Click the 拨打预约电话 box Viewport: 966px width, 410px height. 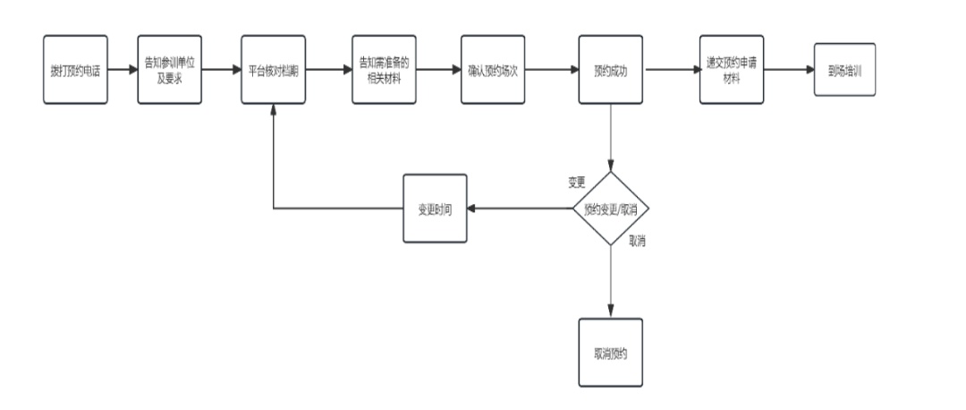[75, 70]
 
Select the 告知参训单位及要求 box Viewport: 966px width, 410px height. [169, 70]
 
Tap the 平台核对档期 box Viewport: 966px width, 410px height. [273, 70]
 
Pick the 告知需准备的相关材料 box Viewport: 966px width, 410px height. [383, 70]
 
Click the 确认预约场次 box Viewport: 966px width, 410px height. [493, 70]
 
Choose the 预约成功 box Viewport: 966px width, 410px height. [611, 70]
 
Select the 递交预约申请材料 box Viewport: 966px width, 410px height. [732, 70]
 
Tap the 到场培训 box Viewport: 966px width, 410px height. [844, 70]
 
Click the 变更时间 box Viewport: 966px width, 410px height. [436, 209]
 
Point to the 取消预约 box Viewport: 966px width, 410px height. [611, 352]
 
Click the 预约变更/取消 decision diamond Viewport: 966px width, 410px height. [611, 209]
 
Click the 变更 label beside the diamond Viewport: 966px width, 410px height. [577, 183]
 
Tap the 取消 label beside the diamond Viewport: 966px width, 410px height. [639, 240]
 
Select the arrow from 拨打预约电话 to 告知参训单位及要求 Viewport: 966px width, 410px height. [123, 70]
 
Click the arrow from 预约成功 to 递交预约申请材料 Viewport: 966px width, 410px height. [672, 70]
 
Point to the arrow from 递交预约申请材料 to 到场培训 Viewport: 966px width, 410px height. [789, 70]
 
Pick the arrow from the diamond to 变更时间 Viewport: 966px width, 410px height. [521, 209]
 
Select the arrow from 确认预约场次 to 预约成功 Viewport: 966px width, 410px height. [551, 70]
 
